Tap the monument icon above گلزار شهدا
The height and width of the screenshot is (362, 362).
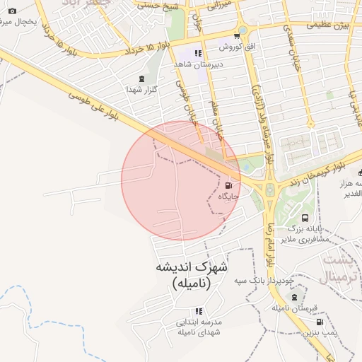point(144,78)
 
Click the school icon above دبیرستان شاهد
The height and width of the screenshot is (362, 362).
point(198,53)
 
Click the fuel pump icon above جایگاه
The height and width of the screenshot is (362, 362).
point(228,185)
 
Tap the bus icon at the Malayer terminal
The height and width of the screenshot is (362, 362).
point(305,218)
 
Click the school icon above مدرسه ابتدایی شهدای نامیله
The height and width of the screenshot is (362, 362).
point(199,311)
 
